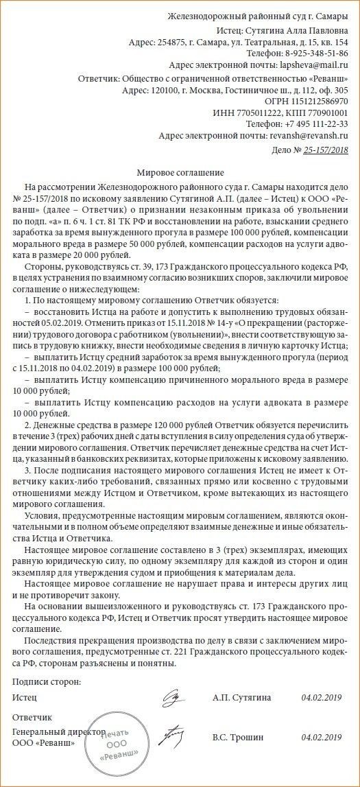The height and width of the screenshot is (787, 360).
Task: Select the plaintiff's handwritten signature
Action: tap(171, 698)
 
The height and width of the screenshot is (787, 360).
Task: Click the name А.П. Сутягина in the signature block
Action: tap(241, 698)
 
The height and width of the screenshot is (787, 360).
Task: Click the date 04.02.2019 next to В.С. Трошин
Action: tap(321, 738)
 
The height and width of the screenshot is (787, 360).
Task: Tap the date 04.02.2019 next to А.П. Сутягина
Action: tap(321, 698)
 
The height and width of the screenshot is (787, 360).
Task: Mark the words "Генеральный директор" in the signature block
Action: tap(58, 732)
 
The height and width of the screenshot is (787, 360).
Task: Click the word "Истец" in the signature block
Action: tap(25, 698)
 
